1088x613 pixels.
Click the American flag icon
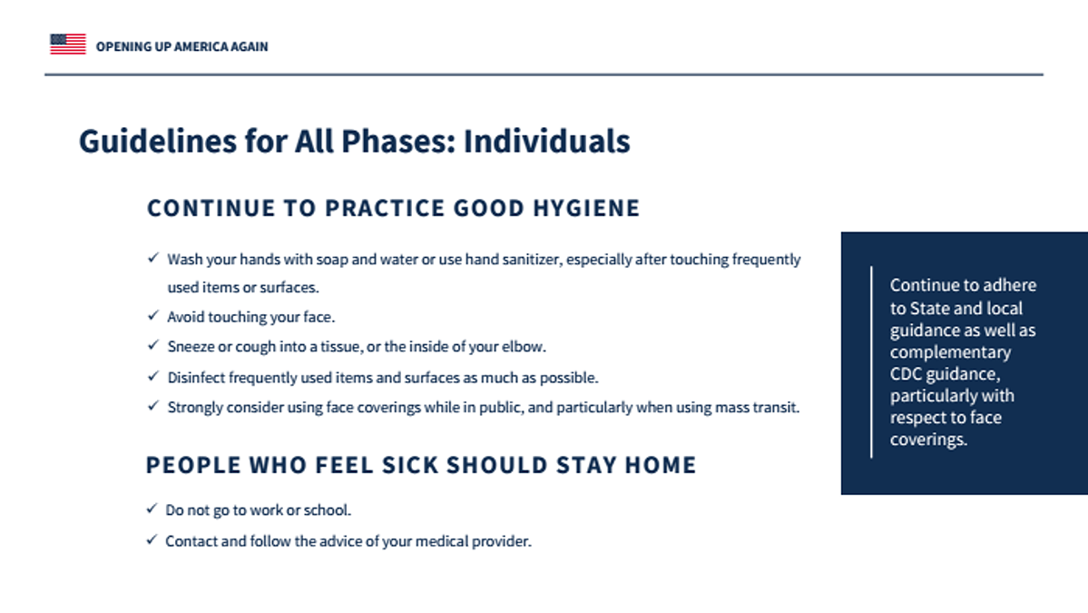coord(68,44)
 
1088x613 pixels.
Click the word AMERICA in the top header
coord(201,46)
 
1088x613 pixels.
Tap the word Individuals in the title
coord(547,141)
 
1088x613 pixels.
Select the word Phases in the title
coord(398,141)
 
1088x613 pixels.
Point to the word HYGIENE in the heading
coord(586,208)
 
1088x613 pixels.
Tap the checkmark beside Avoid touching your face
coord(153,315)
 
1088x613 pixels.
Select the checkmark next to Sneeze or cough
coord(153,345)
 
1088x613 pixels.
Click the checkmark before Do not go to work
coord(152,509)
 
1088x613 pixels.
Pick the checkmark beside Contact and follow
coord(152,539)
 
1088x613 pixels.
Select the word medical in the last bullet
coord(442,541)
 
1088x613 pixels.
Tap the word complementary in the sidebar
coord(951,352)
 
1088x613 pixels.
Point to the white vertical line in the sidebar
coord(871,361)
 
